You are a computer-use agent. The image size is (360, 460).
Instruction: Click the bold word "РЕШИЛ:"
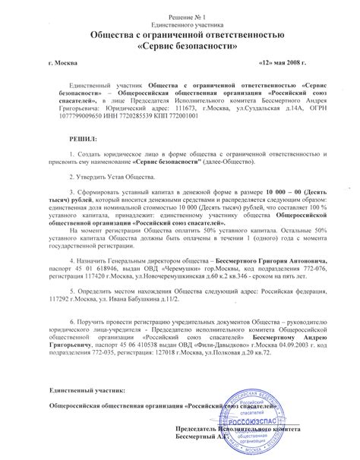(84, 140)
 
